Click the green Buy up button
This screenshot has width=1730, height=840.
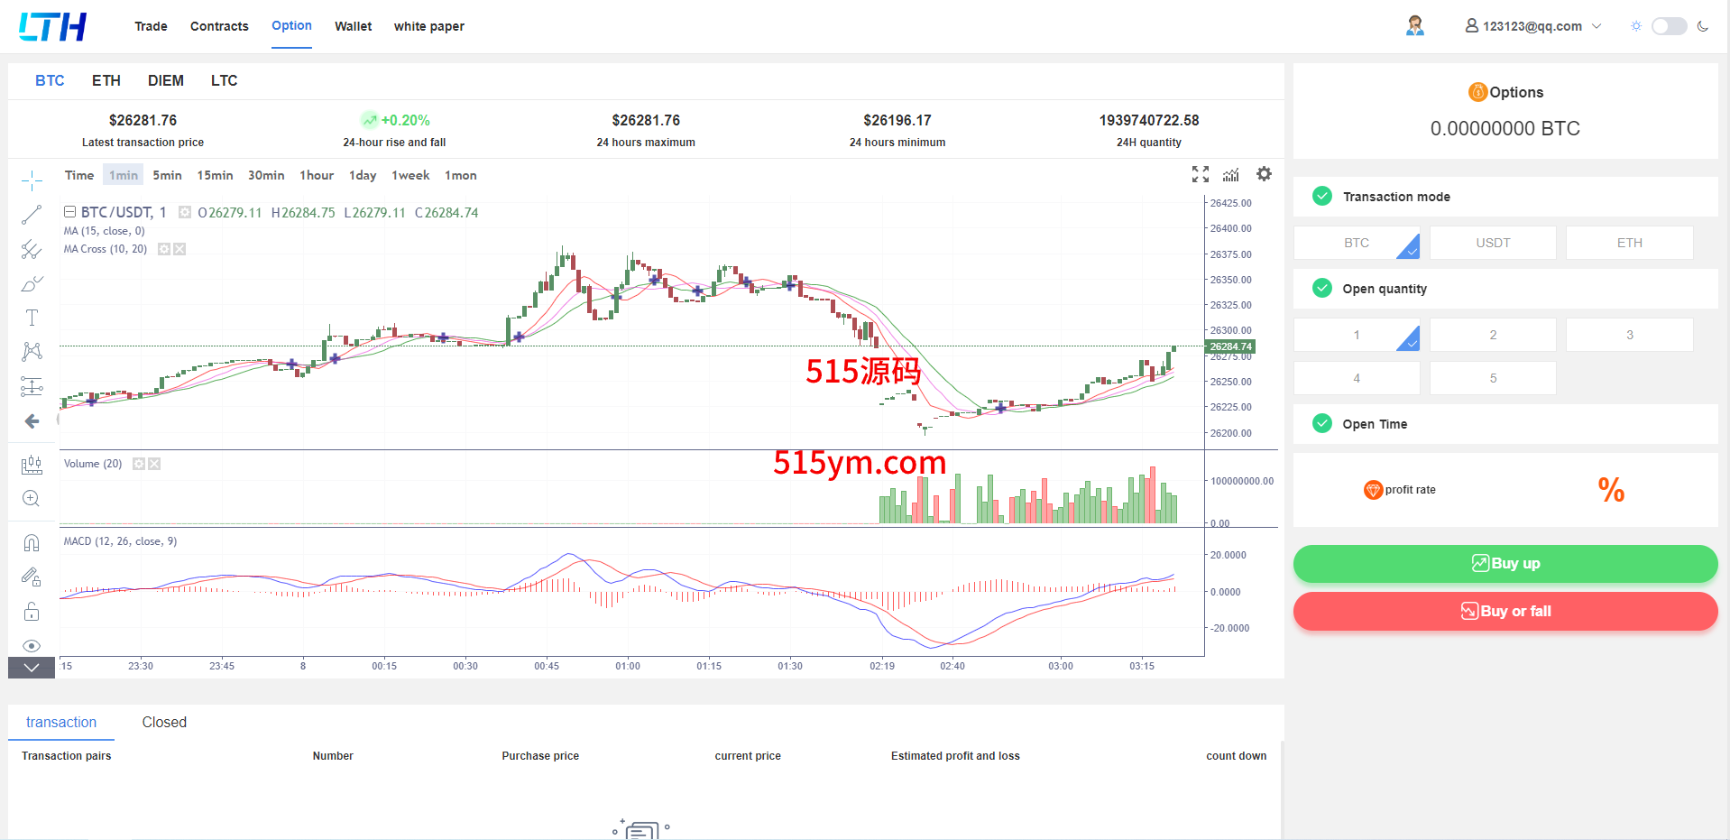pyautogui.click(x=1505, y=564)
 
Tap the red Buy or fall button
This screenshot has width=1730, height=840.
pyautogui.click(x=1505, y=612)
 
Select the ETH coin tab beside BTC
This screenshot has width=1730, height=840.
pyautogui.click(x=106, y=81)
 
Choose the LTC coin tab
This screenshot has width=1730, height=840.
pyautogui.click(x=224, y=81)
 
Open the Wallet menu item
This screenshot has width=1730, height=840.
pyautogui.click(x=353, y=26)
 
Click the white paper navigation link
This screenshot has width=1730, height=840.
pyautogui.click(x=428, y=26)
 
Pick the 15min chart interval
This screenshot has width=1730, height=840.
pyautogui.click(x=215, y=175)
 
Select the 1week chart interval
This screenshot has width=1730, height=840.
pyautogui.click(x=410, y=175)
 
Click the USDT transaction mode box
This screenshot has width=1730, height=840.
pyautogui.click(x=1493, y=243)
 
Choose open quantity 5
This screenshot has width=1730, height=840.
pyautogui.click(x=1493, y=378)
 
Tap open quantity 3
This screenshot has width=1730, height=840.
pyautogui.click(x=1629, y=335)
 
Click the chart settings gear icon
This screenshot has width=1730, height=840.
pyautogui.click(x=1264, y=174)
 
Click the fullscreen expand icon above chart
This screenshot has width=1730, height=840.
pyautogui.click(x=1200, y=174)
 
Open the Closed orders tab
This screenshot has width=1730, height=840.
pyautogui.click(x=164, y=722)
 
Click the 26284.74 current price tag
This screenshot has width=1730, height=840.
pyautogui.click(x=1230, y=346)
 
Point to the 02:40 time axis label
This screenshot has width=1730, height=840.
pyautogui.click(x=952, y=666)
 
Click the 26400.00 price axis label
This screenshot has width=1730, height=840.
pyautogui.click(x=1230, y=228)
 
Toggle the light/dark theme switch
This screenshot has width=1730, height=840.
pyautogui.click(x=1669, y=26)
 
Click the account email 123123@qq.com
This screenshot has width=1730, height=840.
pyautogui.click(x=1532, y=26)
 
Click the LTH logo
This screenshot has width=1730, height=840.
pyautogui.click(x=53, y=26)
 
